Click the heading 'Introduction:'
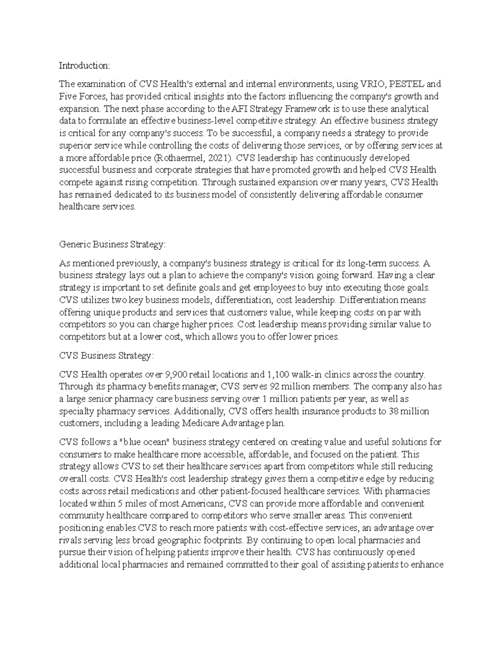click(84, 65)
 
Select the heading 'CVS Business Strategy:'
click(106, 355)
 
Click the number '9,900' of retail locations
click(178, 374)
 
